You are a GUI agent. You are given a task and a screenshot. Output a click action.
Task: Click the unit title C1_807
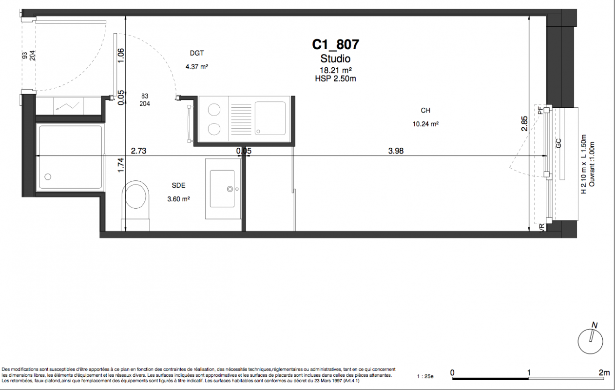[335, 44]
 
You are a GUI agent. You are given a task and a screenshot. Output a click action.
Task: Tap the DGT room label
[197, 53]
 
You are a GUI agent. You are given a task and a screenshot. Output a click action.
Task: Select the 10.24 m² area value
[425, 124]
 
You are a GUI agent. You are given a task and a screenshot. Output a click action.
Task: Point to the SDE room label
[178, 185]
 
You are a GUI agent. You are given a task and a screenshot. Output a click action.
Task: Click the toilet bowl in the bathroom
[135, 196]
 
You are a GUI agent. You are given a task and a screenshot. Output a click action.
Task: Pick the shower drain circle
[48, 176]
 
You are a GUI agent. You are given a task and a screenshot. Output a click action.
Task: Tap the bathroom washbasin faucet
[230, 189]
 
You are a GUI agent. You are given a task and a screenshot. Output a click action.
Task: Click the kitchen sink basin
[270, 118]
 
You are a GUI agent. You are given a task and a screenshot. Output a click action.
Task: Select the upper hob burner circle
[214, 110]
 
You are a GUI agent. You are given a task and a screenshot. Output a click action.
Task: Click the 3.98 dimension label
[396, 151]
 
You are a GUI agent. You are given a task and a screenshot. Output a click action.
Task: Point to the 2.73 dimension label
[139, 151]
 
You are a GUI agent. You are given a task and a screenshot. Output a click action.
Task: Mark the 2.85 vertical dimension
[524, 124]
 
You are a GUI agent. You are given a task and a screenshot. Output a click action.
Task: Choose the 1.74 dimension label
[121, 165]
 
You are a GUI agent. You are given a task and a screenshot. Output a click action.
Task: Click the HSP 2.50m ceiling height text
[335, 79]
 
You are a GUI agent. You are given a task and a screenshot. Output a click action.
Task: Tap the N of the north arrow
[595, 326]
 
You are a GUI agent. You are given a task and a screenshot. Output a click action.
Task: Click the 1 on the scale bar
[529, 373]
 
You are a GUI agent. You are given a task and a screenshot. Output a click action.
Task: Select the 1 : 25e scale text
[425, 376]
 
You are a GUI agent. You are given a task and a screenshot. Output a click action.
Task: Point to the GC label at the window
[558, 143]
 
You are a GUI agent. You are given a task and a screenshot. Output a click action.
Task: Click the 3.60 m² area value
[178, 199]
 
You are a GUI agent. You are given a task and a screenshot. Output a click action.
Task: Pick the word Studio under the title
[335, 58]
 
